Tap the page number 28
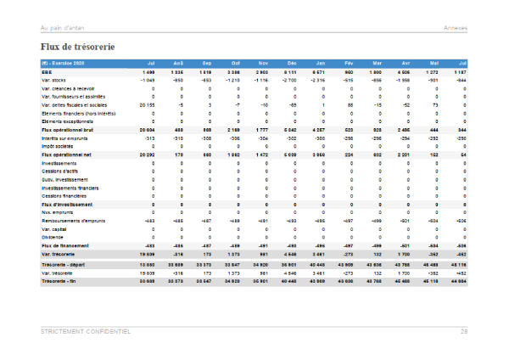[464, 331]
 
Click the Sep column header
[206, 64]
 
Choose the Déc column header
[291, 64]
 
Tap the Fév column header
[349, 64]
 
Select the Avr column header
[406, 64]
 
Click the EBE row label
[48, 72]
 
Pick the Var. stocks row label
[55, 80]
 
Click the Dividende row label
[54, 237]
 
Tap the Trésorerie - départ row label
[64, 263]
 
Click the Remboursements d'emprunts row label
[76, 221]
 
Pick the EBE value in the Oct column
[234, 72]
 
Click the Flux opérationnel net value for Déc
[290, 155]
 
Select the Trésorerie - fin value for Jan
[318, 280]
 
